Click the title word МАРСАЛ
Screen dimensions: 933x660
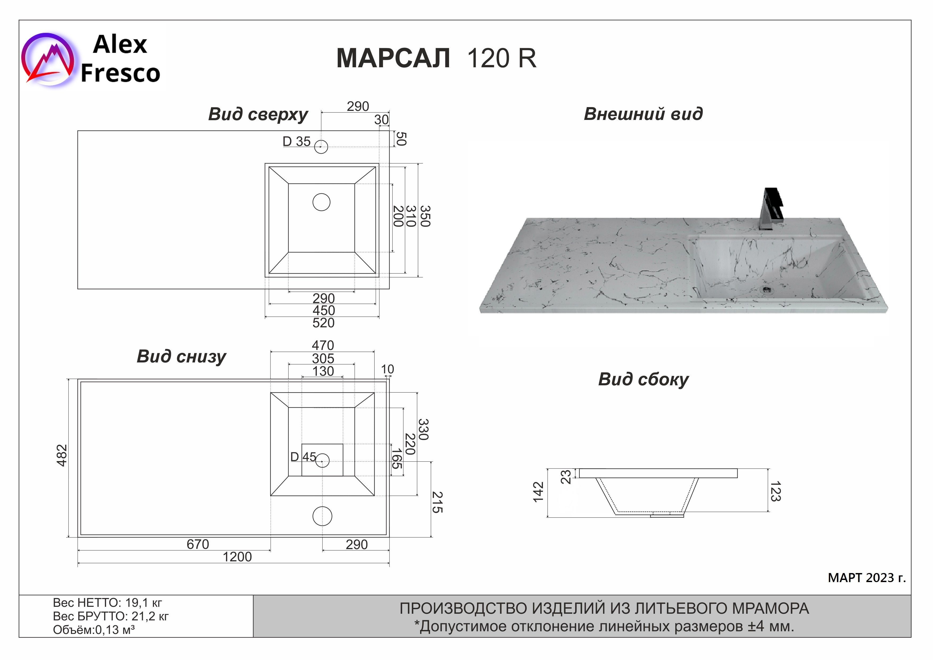(x=393, y=58)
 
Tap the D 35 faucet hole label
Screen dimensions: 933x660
(x=297, y=141)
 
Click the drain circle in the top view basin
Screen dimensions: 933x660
(x=321, y=202)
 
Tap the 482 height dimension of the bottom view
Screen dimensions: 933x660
(x=62, y=456)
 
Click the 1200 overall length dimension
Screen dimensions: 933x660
(x=237, y=557)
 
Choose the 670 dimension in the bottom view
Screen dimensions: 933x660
(x=198, y=544)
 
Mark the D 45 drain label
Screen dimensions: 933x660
(x=303, y=457)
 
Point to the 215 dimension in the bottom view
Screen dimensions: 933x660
(x=437, y=502)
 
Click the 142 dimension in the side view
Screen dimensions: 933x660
(x=538, y=492)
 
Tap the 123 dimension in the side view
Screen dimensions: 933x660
(x=775, y=491)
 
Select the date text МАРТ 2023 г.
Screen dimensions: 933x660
(x=867, y=578)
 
